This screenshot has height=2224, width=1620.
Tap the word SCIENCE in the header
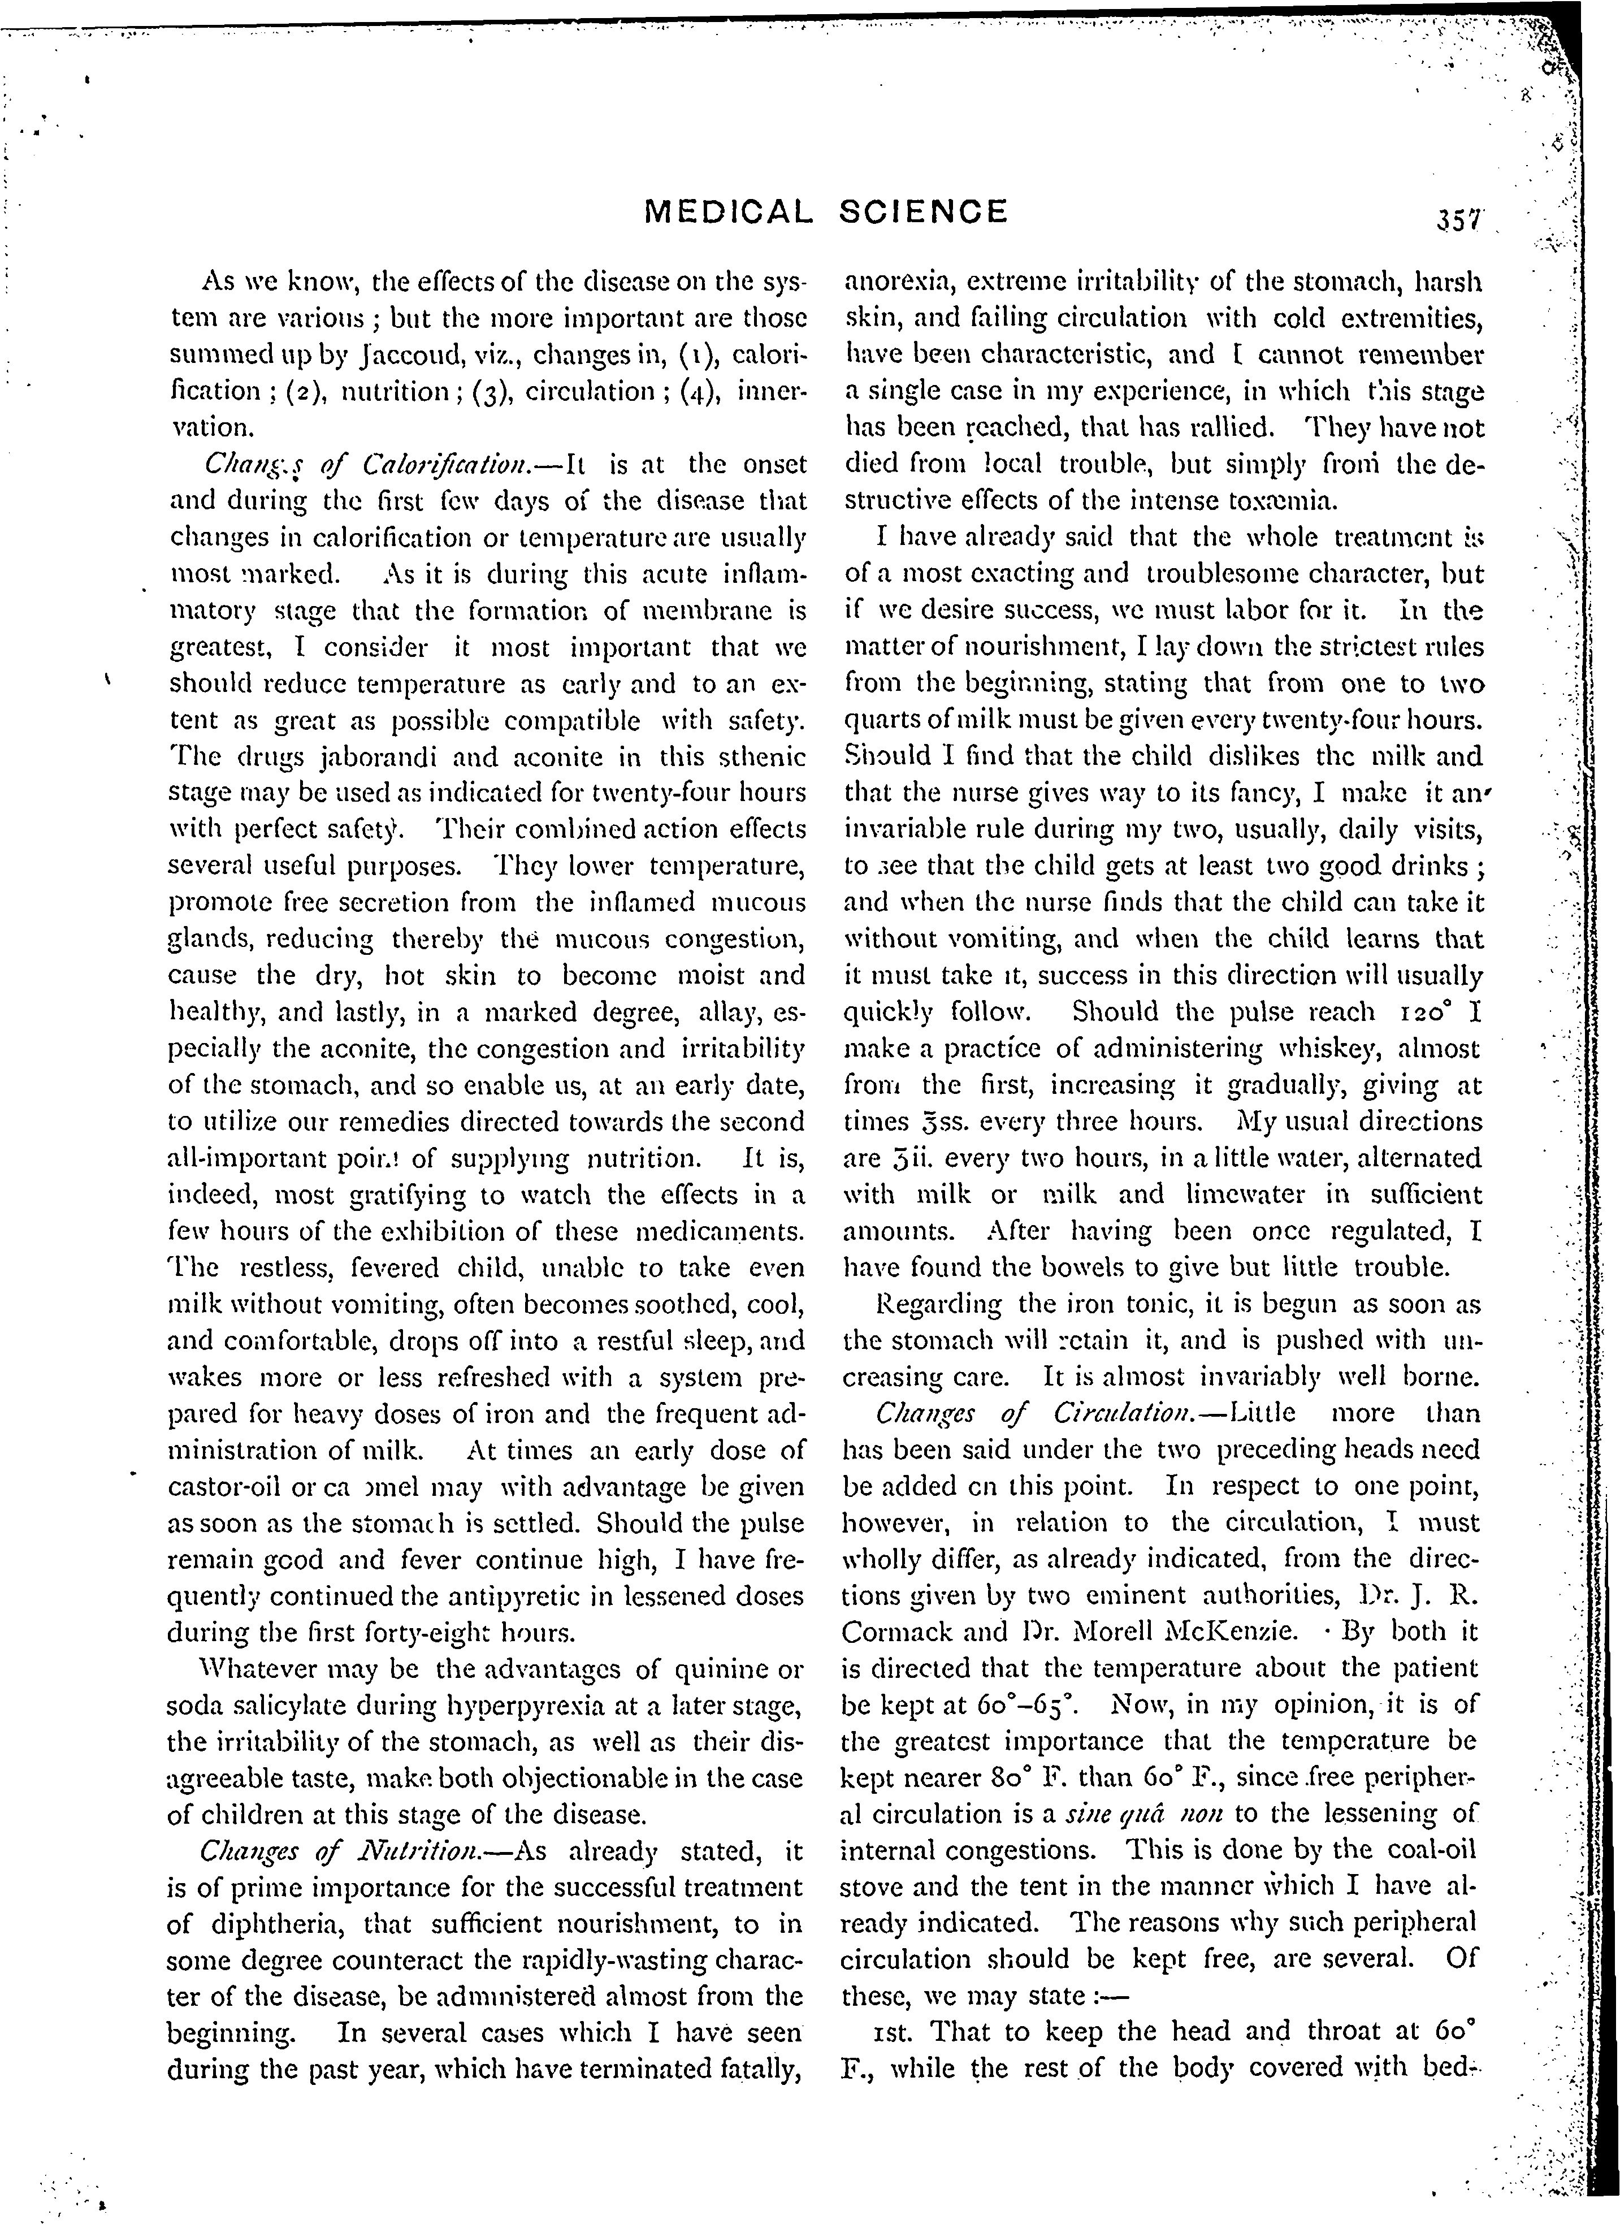click(924, 212)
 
